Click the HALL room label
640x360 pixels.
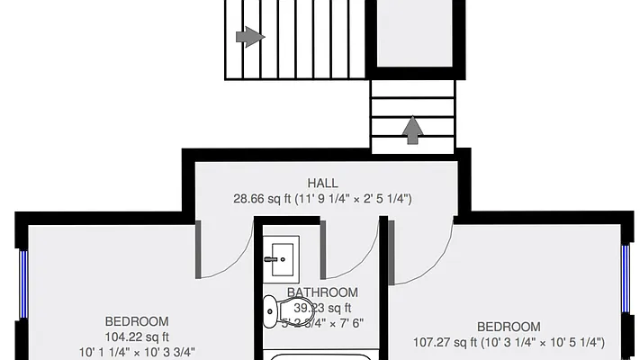pyautogui.click(x=322, y=184)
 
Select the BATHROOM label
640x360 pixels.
pyautogui.click(x=322, y=292)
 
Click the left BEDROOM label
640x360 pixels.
pyautogui.click(x=137, y=321)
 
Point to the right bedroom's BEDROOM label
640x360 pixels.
pyautogui.click(x=509, y=327)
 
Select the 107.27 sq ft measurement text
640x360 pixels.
pyautogui.click(x=448, y=342)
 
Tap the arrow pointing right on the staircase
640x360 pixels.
pyautogui.click(x=249, y=37)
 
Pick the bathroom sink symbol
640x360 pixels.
pyautogui.click(x=282, y=258)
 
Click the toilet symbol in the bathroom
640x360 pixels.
pyautogui.click(x=271, y=311)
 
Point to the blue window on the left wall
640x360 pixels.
pyautogui.click(x=24, y=283)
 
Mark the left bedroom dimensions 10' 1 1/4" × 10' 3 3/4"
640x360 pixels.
pyautogui.click(x=137, y=352)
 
